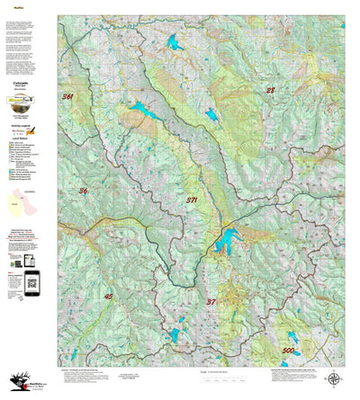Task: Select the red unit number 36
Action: click(x=84, y=191)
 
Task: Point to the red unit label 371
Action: click(x=192, y=200)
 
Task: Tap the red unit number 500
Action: click(x=288, y=350)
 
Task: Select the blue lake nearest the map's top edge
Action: click(x=175, y=42)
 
